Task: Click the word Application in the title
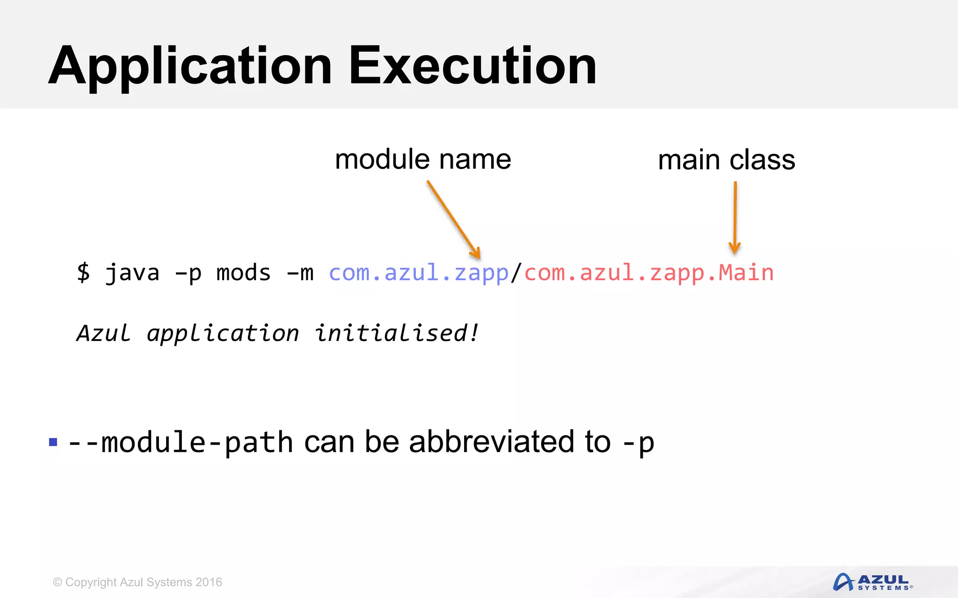[x=189, y=66]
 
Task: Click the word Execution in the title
[x=472, y=66]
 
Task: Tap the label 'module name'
[x=423, y=160]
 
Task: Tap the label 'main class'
[x=726, y=160]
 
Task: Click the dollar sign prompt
[x=83, y=272]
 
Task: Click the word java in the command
[x=132, y=272]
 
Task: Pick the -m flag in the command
[x=299, y=272]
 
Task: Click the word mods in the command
[x=243, y=272]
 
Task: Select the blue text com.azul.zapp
[x=418, y=272]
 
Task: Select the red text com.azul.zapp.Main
[x=649, y=272]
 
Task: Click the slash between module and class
[x=516, y=272]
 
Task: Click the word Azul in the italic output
[x=104, y=333]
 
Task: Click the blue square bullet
[x=53, y=442]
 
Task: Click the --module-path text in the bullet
[x=181, y=442]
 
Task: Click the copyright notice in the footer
[x=138, y=582]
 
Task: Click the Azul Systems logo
[x=872, y=582]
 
